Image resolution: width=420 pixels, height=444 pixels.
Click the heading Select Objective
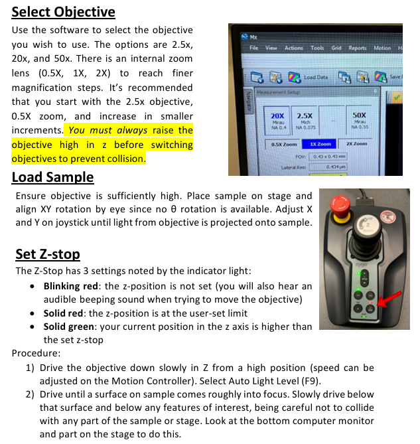point(64,12)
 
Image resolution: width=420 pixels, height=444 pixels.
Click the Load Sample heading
point(53,177)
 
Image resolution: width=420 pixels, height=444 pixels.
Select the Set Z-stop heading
point(48,254)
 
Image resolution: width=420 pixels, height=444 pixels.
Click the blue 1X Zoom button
point(319,144)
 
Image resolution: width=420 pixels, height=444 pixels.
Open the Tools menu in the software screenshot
point(317,48)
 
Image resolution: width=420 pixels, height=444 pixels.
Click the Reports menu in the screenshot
point(357,48)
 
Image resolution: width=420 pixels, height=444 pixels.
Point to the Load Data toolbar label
point(316,78)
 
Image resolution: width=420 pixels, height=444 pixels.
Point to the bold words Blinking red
point(74,286)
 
